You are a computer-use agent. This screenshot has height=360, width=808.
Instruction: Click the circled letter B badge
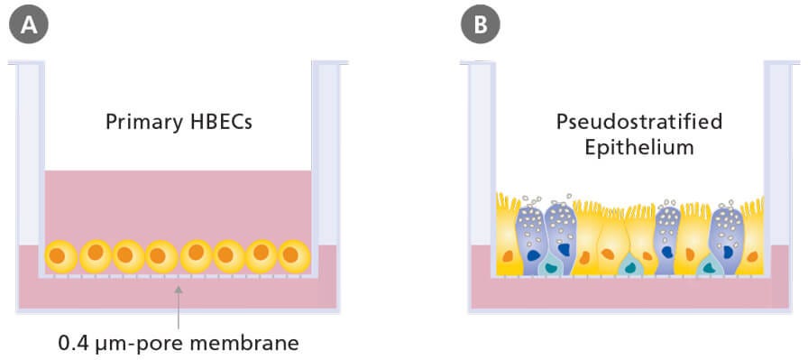[x=480, y=24]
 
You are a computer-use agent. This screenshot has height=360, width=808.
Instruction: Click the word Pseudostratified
[x=626, y=122]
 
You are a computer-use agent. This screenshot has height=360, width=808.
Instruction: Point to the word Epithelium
[x=626, y=145]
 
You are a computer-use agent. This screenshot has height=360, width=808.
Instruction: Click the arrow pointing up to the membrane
[x=179, y=307]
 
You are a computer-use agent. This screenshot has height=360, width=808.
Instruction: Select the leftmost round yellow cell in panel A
[x=62, y=256]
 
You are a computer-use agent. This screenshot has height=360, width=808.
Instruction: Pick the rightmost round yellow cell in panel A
[x=292, y=256]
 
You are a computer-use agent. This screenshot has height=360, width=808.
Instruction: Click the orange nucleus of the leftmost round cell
[x=58, y=256]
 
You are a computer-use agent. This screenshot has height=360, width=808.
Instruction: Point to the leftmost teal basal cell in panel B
[x=550, y=264]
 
